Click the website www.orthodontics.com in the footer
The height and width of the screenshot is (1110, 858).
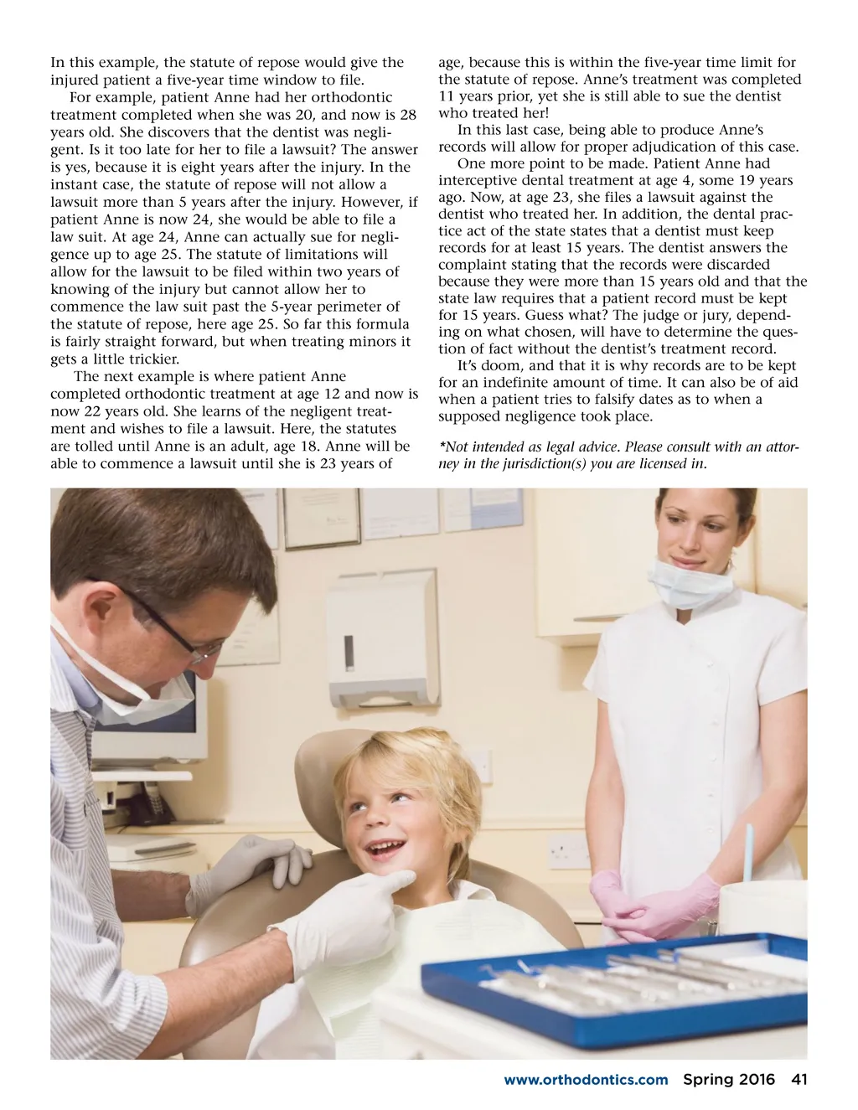point(586,1080)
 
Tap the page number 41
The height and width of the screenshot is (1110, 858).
point(799,1079)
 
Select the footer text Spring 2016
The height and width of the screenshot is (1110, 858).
point(729,1079)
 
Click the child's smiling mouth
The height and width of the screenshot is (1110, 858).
point(386,851)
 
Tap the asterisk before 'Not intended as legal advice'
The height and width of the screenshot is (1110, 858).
point(442,447)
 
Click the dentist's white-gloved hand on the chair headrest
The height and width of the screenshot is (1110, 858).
point(251,863)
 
